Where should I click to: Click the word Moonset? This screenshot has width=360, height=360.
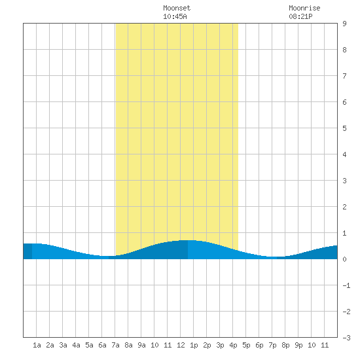177,8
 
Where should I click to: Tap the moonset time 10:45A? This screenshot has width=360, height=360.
175,16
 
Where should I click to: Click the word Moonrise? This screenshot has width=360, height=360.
304,8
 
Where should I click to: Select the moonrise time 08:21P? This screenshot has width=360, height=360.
300,16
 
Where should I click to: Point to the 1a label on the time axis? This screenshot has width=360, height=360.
37,345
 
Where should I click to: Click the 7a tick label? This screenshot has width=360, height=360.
115,345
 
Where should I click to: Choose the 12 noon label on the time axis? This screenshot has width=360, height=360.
181,345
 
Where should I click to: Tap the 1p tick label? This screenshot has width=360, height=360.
194,345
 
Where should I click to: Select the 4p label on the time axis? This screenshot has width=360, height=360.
233,345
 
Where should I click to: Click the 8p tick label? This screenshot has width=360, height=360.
285,345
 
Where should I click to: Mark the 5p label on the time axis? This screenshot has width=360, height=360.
246,345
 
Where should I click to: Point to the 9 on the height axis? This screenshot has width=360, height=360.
344,24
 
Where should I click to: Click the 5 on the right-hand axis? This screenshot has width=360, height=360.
344,128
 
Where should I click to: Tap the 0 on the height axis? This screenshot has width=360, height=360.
344,259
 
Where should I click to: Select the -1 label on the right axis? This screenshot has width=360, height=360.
346,285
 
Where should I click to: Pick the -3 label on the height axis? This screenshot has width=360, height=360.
346,338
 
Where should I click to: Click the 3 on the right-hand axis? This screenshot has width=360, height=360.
344,181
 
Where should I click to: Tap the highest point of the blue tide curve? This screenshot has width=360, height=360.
188,240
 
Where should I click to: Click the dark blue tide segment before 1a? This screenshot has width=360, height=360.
27,251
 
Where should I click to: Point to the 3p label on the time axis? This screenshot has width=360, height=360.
220,345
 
